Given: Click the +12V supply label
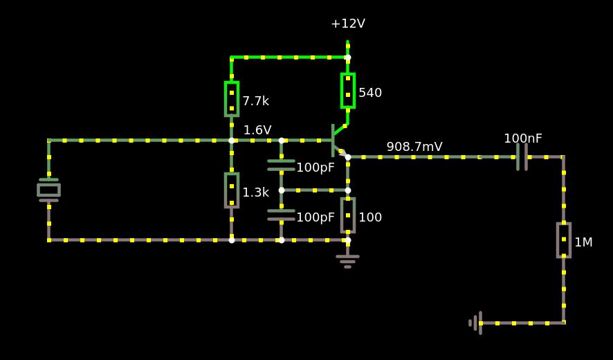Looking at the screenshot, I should (347, 24).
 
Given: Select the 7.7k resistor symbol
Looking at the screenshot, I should (232, 99).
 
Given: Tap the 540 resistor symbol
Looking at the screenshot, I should (348, 91).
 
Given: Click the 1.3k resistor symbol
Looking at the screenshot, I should (232, 190).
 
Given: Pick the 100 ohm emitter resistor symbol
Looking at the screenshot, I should (348, 215).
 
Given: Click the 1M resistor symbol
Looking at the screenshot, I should (564, 240).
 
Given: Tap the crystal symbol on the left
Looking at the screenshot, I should (48, 190).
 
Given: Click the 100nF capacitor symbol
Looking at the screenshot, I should (522, 157).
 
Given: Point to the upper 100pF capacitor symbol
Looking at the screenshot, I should (281, 165).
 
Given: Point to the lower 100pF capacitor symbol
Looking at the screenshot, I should (281, 215).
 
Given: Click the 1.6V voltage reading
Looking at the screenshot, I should (257, 130).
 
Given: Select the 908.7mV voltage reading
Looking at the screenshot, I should (414, 147).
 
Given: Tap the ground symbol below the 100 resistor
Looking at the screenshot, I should (347, 260).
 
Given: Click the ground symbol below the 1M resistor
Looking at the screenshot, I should (475, 323).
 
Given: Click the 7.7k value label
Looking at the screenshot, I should (255, 101).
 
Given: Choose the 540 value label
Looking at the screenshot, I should (370, 93).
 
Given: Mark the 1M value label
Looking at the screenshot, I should (583, 242).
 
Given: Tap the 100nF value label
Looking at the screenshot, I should (523, 138).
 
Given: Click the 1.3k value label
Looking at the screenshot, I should (255, 192).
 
